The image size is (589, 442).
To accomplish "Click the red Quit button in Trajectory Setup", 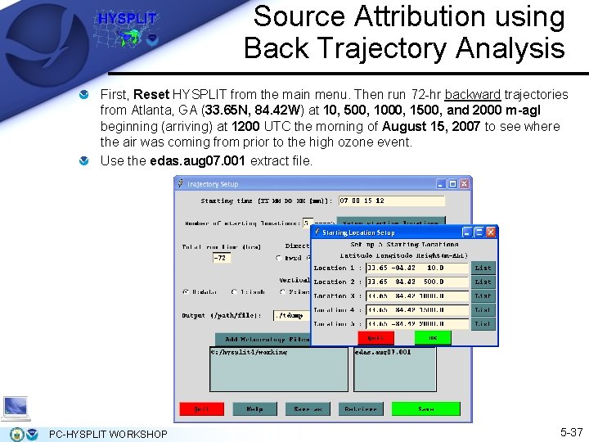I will click(x=201, y=408).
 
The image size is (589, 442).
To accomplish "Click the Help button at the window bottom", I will click(x=254, y=408).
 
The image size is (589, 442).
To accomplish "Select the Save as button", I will click(x=308, y=408).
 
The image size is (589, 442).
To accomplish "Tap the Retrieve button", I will click(x=361, y=408).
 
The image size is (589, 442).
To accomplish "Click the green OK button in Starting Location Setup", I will click(x=433, y=337).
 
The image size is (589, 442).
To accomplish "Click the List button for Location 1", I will click(x=483, y=268).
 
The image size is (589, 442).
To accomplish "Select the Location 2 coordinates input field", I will click(x=417, y=282).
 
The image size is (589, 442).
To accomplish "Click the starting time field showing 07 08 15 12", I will click(x=392, y=201).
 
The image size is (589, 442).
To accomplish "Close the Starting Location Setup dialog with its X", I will click(x=491, y=232).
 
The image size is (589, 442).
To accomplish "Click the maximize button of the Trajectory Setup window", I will click(x=453, y=183).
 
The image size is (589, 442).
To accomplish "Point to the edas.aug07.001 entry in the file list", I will click(x=384, y=353).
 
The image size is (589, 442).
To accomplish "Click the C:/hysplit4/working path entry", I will click(x=250, y=353).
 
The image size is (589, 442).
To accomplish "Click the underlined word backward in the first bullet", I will click(x=474, y=95).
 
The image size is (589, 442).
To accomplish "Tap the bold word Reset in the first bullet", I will click(x=151, y=95).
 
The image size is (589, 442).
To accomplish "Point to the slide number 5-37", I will click(x=571, y=431).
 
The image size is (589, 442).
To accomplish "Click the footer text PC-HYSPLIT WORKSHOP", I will click(x=108, y=434).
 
